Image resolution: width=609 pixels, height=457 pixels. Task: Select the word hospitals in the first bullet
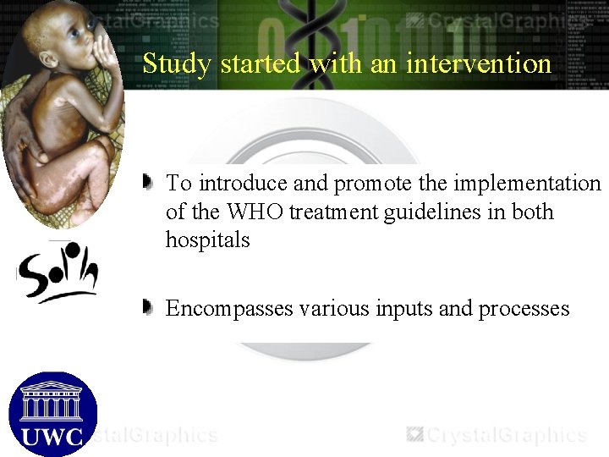pyautogui.click(x=207, y=240)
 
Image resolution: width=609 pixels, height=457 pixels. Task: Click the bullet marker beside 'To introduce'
pyautogui.click(x=148, y=180)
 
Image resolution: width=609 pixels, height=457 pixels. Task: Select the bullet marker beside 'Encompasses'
pyautogui.click(x=148, y=306)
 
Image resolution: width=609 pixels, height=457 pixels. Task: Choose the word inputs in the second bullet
pyautogui.click(x=401, y=309)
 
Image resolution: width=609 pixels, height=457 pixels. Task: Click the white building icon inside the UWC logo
pyautogui.click(x=52, y=399)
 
